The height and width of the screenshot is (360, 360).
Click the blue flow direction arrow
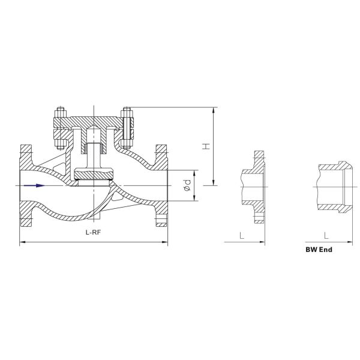click(x=34, y=185)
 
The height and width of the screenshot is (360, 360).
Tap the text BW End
click(x=319, y=247)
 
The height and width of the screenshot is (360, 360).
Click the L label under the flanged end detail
click(x=242, y=236)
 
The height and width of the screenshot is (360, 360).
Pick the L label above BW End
click(x=325, y=236)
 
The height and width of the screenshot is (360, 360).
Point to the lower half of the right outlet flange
click(x=162, y=215)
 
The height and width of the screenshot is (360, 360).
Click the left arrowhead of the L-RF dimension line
click(x=23, y=242)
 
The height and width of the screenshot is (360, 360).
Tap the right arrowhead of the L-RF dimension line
click(x=166, y=242)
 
